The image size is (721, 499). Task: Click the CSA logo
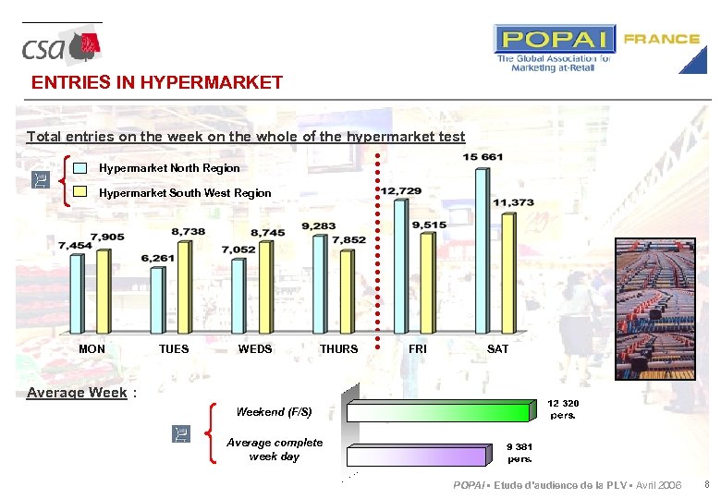tap(61, 46)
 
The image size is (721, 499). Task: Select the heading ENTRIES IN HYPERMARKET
tap(157, 82)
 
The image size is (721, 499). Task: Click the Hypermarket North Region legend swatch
tap(80, 168)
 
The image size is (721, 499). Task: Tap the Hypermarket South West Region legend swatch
tap(80, 193)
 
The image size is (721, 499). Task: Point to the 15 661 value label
tap(483, 157)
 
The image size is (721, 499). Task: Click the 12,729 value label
tap(401, 190)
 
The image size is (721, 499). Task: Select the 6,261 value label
tap(158, 258)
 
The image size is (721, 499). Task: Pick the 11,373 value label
tap(513, 202)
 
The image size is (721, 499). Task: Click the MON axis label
tap(92, 349)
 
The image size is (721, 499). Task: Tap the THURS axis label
tap(338, 349)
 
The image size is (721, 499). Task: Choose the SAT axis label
tap(497, 349)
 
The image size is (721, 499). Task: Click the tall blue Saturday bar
tap(482, 249)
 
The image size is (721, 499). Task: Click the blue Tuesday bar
tap(156, 300)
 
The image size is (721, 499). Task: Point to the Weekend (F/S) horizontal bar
tap(439, 411)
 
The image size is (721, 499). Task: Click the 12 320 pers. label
tap(563, 409)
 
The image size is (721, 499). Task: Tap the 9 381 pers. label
tap(519, 453)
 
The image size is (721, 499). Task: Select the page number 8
tap(706, 485)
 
